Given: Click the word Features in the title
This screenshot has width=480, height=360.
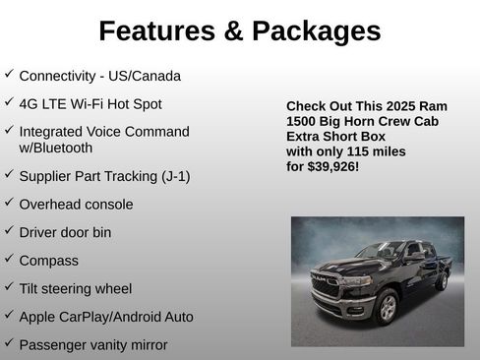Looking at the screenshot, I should [x=156, y=31].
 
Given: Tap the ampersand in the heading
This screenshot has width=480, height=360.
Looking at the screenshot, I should [x=232, y=31].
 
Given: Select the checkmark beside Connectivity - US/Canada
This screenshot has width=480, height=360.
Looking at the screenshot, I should [x=9, y=75].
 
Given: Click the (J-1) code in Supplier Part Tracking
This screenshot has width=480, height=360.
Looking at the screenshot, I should [x=175, y=176].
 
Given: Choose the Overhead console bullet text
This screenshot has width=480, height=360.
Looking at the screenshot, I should [x=76, y=205].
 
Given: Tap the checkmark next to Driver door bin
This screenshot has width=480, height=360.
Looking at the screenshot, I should [x=9, y=232].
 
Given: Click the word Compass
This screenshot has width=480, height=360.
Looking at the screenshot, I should [x=48, y=261].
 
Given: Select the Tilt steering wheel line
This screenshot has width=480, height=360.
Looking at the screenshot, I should [x=75, y=289].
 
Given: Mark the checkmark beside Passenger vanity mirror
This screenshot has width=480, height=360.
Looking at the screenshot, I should [x=9, y=344].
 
